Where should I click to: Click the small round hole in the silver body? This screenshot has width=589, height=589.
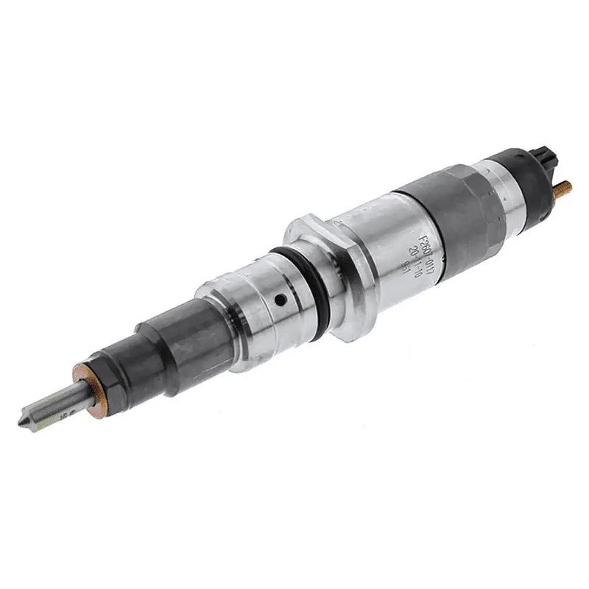[281, 300]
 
